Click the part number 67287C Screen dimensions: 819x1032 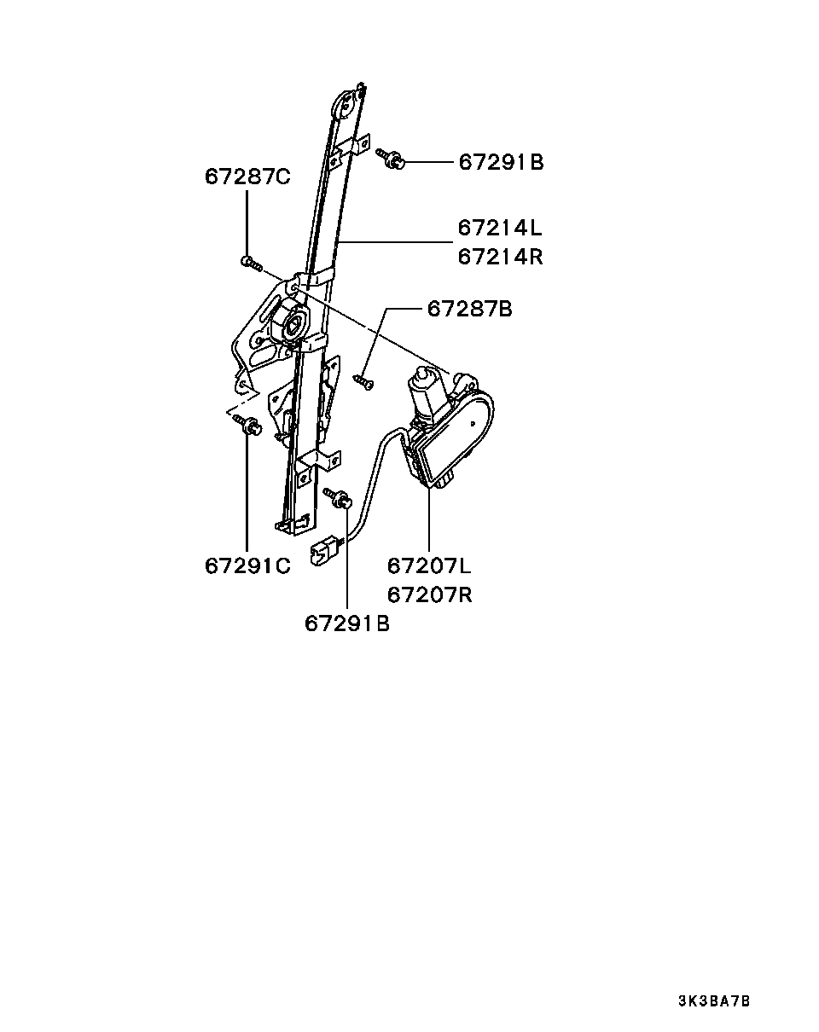coord(247,177)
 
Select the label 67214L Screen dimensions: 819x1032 coord(500,228)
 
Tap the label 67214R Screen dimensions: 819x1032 coord(500,257)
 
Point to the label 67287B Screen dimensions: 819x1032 coord(470,309)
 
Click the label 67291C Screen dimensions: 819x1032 coord(247,566)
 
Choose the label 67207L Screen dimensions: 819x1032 coord(429,566)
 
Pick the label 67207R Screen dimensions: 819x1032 coord(429,595)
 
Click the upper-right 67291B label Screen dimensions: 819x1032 coord(502,162)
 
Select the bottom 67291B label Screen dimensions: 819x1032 coord(347,624)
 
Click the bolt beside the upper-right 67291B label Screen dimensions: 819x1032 coord(390,159)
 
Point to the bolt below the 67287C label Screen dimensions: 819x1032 coord(252,263)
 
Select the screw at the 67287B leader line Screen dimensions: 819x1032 coord(363,383)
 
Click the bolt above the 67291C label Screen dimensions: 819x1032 coord(247,425)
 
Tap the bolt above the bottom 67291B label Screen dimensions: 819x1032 coord(339,498)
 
